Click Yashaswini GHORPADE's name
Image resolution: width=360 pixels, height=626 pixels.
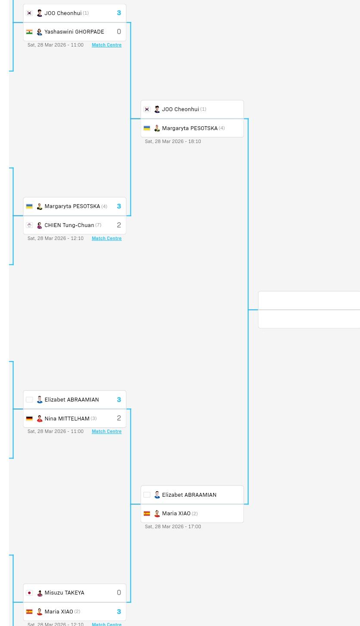click(x=74, y=32)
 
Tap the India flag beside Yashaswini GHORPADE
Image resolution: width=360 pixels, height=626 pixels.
click(x=29, y=32)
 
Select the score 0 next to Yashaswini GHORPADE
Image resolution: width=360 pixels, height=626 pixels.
click(x=119, y=31)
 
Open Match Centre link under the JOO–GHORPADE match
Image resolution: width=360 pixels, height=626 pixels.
click(x=106, y=45)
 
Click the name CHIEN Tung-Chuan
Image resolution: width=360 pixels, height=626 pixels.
click(x=69, y=225)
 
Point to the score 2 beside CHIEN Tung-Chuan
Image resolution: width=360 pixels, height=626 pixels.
click(x=119, y=225)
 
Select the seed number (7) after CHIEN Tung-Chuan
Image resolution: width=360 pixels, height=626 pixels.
click(x=98, y=225)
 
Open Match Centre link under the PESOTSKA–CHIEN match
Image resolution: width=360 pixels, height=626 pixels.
click(x=106, y=238)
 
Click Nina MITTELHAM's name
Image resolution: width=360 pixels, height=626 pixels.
click(x=67, y=418)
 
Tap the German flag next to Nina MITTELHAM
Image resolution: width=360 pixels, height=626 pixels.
click(x=29, y=418)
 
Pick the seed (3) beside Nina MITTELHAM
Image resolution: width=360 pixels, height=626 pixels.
click(x=93, y=418)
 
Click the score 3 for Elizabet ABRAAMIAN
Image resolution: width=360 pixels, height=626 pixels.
click(x=119, y=400)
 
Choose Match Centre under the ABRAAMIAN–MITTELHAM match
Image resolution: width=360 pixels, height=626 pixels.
click(x=106, y=431)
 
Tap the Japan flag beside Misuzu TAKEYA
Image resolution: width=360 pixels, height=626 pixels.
click(x=29, y=593)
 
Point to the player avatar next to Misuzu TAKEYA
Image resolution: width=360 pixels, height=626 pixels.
click(x=40, y=593)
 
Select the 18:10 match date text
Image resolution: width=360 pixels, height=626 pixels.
click(x=173, y=141)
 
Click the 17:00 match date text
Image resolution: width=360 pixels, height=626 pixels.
click(x=173, y=526)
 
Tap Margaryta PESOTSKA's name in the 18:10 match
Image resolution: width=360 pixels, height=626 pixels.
click(x=189, y=128)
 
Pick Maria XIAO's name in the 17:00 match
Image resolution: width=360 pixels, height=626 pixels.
click(x=176, y=514)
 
